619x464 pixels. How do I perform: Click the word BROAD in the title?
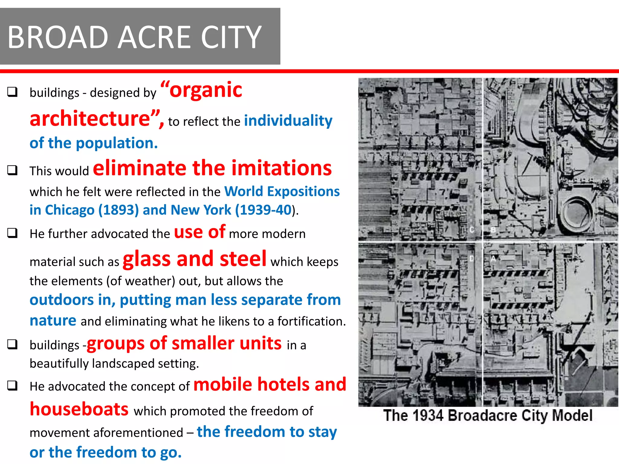click(58, 37)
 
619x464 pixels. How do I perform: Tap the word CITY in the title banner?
click(231, 37)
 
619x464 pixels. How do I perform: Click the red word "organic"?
click(206, 90)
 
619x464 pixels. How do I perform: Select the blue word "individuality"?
click(288, 121)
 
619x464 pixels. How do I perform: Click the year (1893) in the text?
click(118, 210)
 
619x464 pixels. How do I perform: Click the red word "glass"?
click(147, 259)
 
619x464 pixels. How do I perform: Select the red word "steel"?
click(243, 259)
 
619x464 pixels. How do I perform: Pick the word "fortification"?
click(311, 321)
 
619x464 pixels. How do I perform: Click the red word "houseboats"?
click(79, 410)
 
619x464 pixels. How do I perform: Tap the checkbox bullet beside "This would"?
click(12, 170)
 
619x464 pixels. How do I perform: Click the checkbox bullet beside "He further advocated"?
click(12, 233)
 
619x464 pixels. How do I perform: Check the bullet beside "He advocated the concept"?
click(12, 385)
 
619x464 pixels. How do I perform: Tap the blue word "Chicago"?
click(70, 210)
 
